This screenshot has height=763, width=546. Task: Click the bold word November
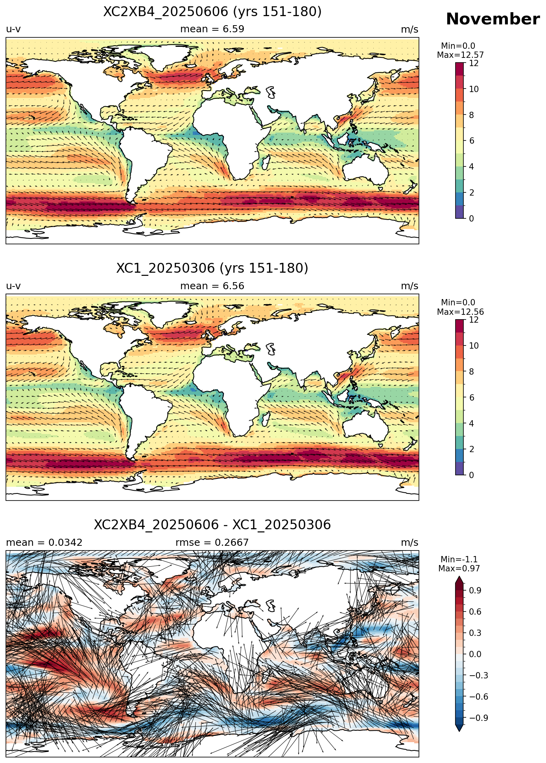(x=493, y=19)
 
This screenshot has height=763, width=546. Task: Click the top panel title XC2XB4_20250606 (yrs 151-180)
(x=212, y=12)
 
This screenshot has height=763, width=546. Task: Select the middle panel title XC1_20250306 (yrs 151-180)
(x=212, y=268)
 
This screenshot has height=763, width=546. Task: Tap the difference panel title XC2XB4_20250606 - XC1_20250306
(x=212, y=525)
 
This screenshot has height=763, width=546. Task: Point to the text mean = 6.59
(x=212, y=29)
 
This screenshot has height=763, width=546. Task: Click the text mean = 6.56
(x=212, y=286)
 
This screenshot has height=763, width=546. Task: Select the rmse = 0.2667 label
(x=212, y=543)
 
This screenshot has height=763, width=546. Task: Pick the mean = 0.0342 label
(x=44, y=543)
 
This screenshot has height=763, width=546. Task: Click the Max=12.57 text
(x=460, y=55)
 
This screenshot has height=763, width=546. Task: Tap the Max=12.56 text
(x=460, y=312)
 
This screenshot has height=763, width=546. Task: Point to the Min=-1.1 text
(x=459, y=559)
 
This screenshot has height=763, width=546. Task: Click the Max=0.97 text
(x=459, y=569)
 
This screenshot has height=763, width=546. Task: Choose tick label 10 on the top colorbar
(x=474, y=89)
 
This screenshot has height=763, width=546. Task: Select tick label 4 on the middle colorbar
(x=472, y=423)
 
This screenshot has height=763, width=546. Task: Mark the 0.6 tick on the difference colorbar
(x=475, y=612)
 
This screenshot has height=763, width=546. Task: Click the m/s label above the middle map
(x=409, y=286)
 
